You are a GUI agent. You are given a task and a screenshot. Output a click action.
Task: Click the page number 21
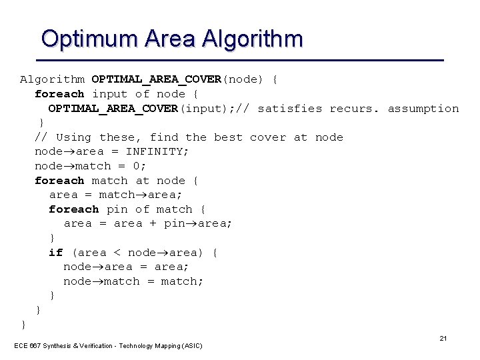coord(443,339)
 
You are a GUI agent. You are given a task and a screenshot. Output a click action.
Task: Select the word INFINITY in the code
coord(157,151)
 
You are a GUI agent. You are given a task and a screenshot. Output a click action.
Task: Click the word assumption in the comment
coord(423,108)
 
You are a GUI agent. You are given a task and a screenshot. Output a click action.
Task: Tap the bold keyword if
coord(55,252)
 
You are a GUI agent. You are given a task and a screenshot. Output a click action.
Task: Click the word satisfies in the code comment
coord(289,108)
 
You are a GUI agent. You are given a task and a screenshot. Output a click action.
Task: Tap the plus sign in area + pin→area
coord(153,223)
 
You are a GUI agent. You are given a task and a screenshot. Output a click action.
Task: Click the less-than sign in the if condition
coord(117,252)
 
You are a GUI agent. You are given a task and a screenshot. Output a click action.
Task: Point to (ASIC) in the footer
coord(191,345)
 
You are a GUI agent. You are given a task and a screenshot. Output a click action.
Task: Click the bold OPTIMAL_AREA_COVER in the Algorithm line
coord(156,79)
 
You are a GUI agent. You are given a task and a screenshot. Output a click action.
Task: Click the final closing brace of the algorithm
coord(24,325)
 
